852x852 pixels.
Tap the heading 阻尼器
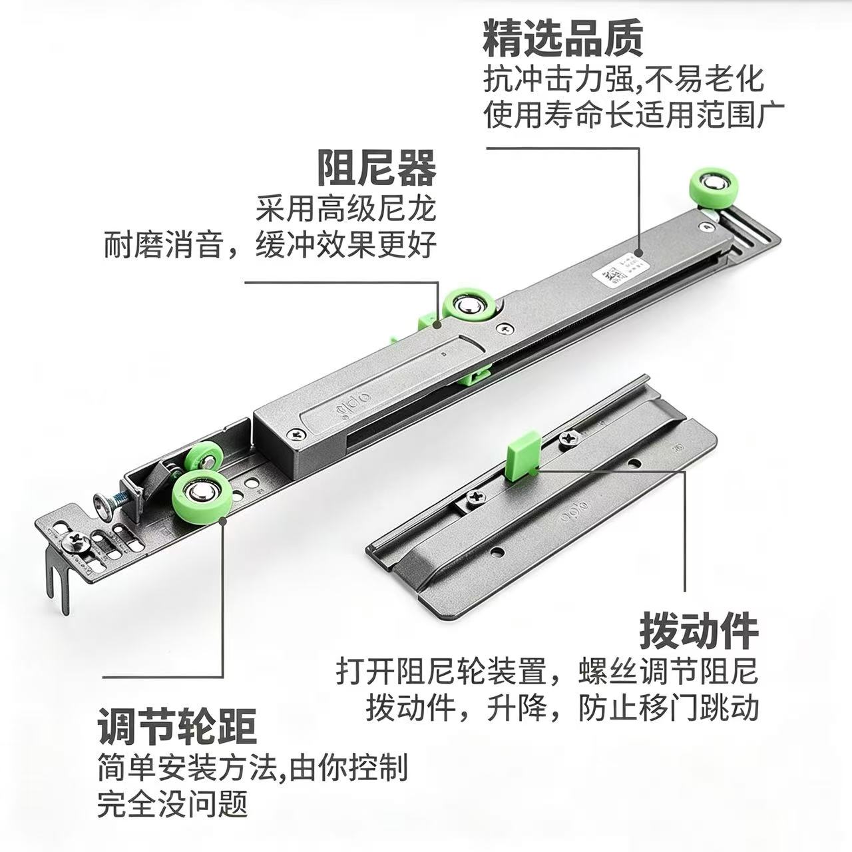377,168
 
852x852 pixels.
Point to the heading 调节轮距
177,726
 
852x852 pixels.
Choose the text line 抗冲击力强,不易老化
624,80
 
